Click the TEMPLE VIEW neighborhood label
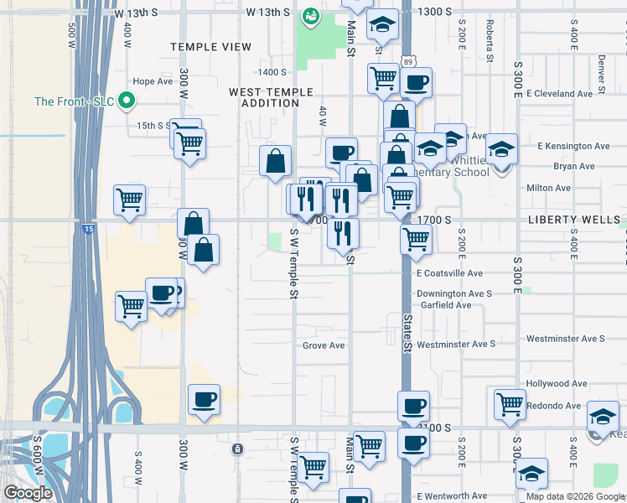(x=210, y=47)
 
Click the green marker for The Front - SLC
(x=127, y=101)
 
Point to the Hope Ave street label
(x=152, y=81)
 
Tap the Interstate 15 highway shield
(x=88, y=227)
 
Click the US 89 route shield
(x=407, y=61)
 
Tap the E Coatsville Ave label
(x=449, y=273)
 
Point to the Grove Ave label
(x=324, y=345)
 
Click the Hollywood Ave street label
(x=556, y=383)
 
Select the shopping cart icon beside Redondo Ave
(x=509, y=403)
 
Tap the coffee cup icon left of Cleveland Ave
(x=416, y=82)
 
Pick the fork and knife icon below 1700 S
(x=344, y=231)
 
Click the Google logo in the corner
(x=28, y=493)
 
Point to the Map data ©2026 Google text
(x=575, y=496)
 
